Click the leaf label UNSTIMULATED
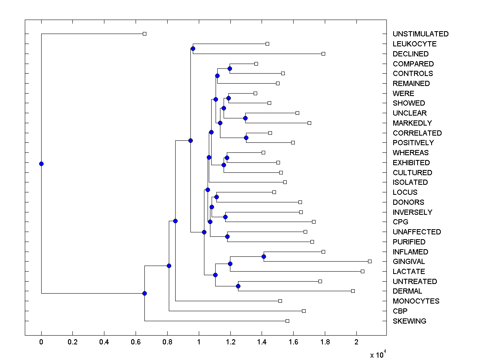pyautogui.click(x=420, y=34)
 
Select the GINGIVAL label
pyautogui.click(x=409, y=262)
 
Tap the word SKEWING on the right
pyautogui.click(x=409, y=321)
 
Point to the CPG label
pyautogui.click(x=400, y=222)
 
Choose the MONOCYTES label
pyautogui.click(x=416, y=301)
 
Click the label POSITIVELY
pyautogui.click(x=413, y=143)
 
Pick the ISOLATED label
pyautogui.click(x=410, y=182)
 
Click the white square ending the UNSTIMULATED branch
pyautogui.click(x=145, y=34)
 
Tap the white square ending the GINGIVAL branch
pyautogui.click(x=370, y=261)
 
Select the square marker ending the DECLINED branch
pyautogui.click(x=324, y=54)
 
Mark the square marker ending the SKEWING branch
pyautogui.click(x=287, y=321)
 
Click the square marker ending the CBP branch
pyautogui.click(x=304, y=311)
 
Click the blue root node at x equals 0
pyautogui.click(x=41, y=164)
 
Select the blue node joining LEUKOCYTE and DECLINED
pyautogui.click(x=193, y=49)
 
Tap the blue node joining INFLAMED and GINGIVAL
pyautogui.click(x=264, y=256)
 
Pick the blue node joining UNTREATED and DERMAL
pyautogui.click(x=238, y=286)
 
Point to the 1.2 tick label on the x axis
pyautogui.click(x=230, y=342)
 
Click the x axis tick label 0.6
pyautogui.click(x=136, y=342)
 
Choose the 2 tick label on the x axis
pyautogui.click(x=356, y=342)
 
